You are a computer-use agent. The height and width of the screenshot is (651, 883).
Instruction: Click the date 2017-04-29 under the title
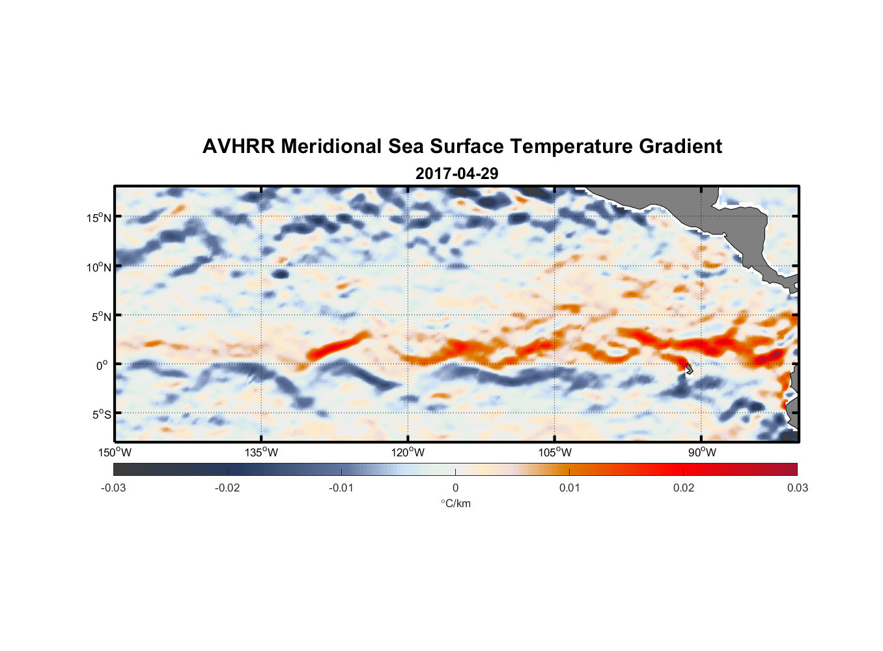click(456, 174)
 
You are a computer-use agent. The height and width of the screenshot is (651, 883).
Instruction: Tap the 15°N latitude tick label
click(99, 218)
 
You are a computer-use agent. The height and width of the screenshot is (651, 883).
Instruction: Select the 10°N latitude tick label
click(99, 268)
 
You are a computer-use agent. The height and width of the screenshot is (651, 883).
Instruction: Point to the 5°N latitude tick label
click(101, 317)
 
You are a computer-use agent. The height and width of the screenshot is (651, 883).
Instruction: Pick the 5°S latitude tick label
click(101, 415)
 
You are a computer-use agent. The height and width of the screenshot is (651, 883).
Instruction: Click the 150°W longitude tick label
click(115, 452)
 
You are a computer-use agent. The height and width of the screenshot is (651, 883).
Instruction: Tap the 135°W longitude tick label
click(261, 452)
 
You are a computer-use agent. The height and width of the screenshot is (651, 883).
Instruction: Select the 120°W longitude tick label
click(408, 452)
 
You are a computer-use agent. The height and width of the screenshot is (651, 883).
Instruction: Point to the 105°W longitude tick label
click(555, 452)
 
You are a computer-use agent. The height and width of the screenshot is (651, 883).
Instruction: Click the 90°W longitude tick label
click(702, 452)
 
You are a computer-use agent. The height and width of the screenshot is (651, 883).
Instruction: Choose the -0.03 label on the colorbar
click(113, 488)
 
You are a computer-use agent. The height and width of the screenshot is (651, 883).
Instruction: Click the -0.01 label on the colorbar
click(341, 488)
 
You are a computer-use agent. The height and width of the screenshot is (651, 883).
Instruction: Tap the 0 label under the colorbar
click(455, 488)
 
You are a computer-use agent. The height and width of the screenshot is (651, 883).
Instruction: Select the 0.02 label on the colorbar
click(683, 488)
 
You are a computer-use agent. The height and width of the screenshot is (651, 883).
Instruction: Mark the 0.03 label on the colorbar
click(797, 488)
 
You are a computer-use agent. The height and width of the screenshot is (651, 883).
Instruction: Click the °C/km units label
click(455, 503)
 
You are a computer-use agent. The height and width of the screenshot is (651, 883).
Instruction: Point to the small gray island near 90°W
click(688, 370)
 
